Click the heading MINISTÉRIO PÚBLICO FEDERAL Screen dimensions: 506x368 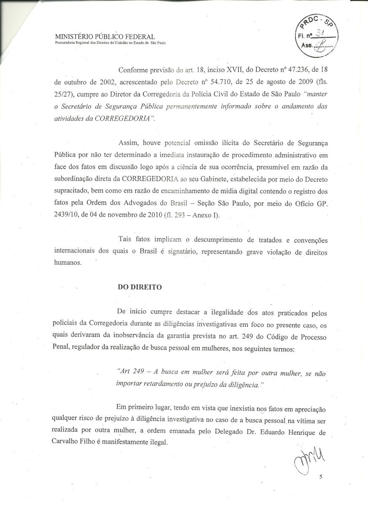(105, 38)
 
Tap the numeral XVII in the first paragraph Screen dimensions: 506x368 (204, 70)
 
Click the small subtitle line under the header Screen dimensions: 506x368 (110, 43)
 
